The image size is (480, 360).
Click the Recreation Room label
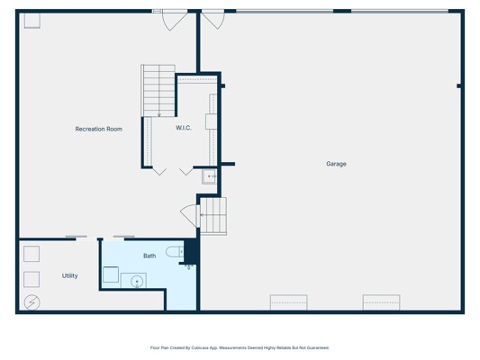98,129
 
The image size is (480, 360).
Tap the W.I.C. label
184,128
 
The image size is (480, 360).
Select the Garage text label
336,164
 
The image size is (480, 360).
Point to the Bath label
149,256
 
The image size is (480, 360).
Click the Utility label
70,275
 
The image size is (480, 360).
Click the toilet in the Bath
175,252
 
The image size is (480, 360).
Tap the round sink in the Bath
137,281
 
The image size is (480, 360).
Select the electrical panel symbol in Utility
32,302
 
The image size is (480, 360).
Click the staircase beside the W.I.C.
158,91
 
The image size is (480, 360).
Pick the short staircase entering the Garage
213,216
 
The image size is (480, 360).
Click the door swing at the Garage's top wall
213,20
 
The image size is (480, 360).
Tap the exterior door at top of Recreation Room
175,20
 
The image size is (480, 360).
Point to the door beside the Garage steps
190,216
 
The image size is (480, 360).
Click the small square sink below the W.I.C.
210,176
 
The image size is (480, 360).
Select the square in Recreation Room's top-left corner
32,21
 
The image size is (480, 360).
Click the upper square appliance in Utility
32,254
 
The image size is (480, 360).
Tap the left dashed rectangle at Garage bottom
289,302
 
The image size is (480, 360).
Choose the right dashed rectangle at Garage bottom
382,302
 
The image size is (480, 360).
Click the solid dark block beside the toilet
191,251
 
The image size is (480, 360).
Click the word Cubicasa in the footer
200,347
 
